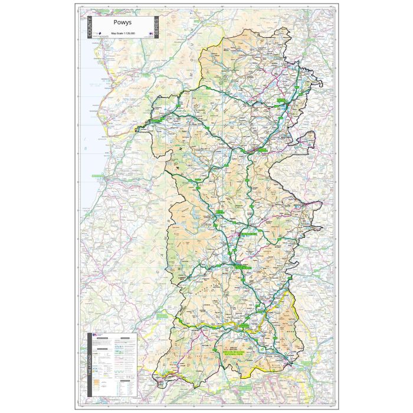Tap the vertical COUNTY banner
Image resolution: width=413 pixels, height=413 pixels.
point(90,27)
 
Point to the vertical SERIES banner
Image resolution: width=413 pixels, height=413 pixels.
point(156,27)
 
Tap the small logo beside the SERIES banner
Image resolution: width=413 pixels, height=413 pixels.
point(150,34)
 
